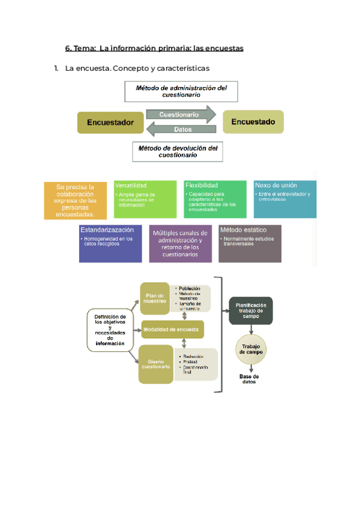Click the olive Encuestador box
pyautogui.click(x=110, y=122)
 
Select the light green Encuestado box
pyautogui.click(x=253, y=122)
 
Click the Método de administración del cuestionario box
pyautogui.click(x=181, y=91)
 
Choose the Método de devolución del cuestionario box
pyautogui.click(x=177, y=151)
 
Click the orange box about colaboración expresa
pyautogui.click(x=75, y=200)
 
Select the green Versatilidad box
pyautogui.click(x=145, y=199)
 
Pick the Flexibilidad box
pyautogui.click(x=215, y=199)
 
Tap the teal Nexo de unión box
pyautogui.click(x=285, y=199)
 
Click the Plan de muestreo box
pyautogui.click(x=155, y=298)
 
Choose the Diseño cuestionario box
pyautogui.click(x=155, y=364)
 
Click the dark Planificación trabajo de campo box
pyautogui.click(x=251, y=311)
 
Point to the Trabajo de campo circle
pyautogui.click(x=250, y=349)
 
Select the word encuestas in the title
pyautogui.click(x=222, y=48)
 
